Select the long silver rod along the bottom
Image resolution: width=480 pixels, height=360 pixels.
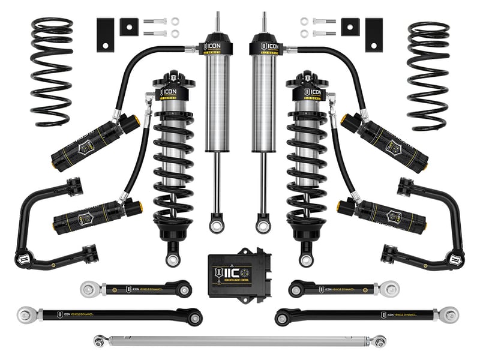[x=240, y=340]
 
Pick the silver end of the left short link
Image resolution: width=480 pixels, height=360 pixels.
[x=89, y=289]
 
